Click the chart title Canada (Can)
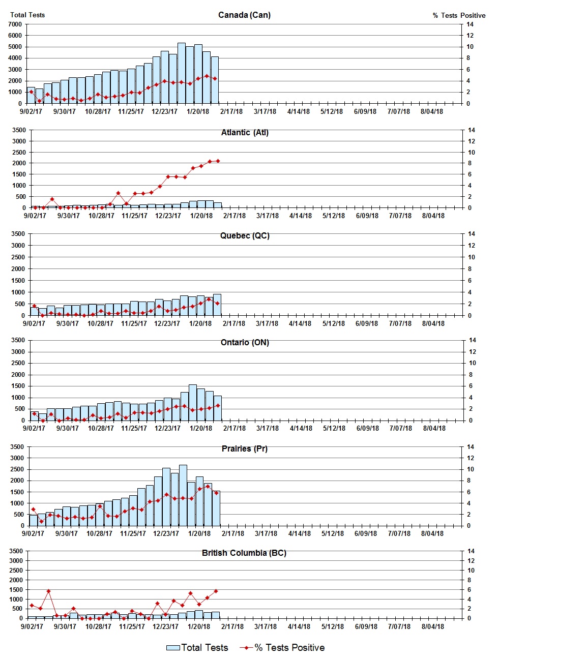click(244, 15)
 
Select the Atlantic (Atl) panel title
click(245, 132)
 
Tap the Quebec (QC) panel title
click(245, 235)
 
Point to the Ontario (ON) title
click(245, 342)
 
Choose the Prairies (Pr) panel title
click(245, 448)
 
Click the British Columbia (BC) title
click(244, 553)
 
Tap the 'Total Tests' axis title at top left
click(27, 15)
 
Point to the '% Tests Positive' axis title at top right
click(459, 15)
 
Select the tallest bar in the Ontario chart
click(193, 402)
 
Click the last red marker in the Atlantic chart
click(218, 161)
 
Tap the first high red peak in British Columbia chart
click(48, 591)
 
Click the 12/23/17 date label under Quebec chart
click(167, 323)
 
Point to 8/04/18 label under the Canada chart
click(431, 111)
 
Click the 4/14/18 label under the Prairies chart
click(299, 533)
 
